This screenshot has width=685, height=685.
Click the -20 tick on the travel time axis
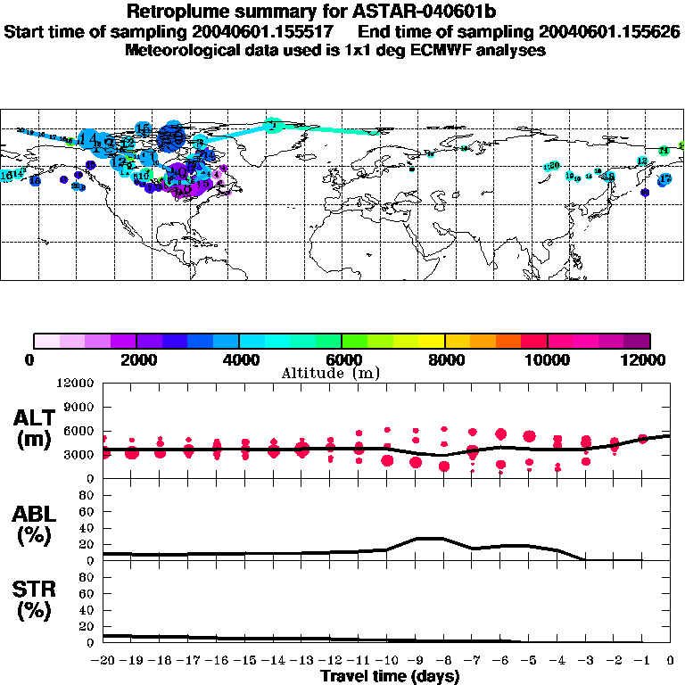[x=103, y=660]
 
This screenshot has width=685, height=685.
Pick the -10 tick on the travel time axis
[x=387, y=660]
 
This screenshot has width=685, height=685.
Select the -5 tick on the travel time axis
[x=529, y=660]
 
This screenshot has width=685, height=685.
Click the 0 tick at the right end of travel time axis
[x=671, y=660]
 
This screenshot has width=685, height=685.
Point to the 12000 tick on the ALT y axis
[x=76, y=384]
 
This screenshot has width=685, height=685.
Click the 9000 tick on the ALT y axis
[x=79, y=408]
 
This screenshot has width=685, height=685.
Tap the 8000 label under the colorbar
[x=444, y=359]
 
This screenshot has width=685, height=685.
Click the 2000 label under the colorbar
[x=136, y=359]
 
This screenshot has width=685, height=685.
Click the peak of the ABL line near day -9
[x=429, y=538]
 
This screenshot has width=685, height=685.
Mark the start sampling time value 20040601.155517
[x=266, y=32]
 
